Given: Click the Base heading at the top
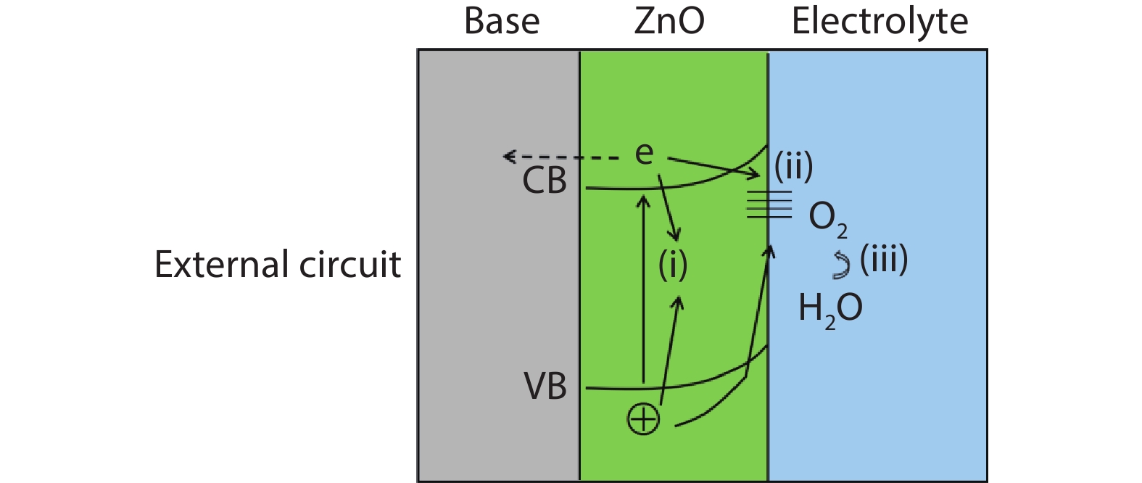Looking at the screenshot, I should click(502, 22).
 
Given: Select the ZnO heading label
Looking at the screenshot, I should click(669, 22).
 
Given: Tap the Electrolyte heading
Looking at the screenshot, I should click(880, 22).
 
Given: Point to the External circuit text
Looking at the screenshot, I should click(278, 264).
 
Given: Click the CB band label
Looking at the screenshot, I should click(545, 181).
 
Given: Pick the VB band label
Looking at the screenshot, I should click(545, 387).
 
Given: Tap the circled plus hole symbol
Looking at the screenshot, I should click(643, 419).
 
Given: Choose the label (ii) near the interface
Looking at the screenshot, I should click(793, 167).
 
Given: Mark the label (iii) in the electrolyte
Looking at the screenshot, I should click(884, 259).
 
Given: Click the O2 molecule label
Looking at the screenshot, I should click(827, 217).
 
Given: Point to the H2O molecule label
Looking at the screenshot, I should click(830, 309).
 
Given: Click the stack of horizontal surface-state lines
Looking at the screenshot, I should click(769, 204).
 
